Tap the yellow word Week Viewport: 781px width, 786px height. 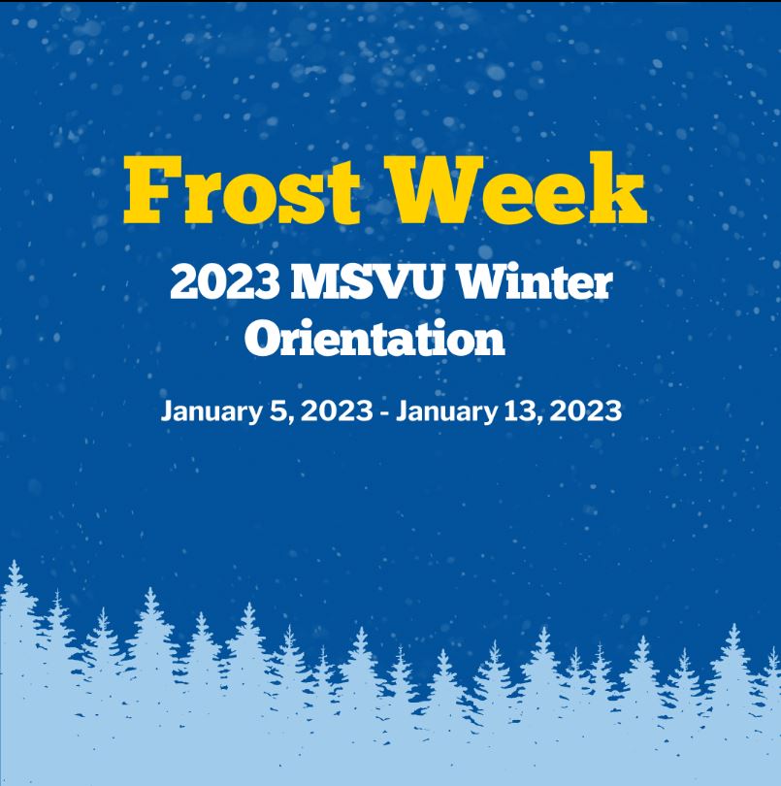click(x=518, y=191)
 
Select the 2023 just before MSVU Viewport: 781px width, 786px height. click(x=225, y=283)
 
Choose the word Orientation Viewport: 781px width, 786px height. click(x=374, y=340)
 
